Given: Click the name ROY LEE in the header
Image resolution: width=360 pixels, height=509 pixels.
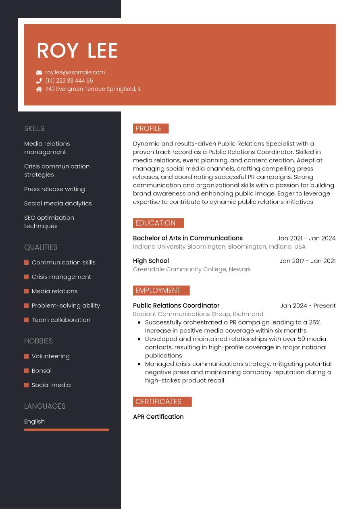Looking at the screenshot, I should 77,51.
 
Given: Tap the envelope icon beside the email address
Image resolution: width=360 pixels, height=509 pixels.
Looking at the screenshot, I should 39,73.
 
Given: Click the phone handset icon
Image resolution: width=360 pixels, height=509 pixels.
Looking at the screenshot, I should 39,81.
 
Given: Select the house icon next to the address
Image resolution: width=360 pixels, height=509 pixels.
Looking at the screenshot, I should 39,89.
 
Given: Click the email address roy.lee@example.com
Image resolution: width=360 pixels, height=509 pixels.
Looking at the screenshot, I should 75,73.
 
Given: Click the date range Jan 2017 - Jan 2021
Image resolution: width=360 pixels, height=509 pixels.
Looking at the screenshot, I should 307,261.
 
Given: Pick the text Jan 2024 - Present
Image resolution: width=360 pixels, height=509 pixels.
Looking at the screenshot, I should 308,305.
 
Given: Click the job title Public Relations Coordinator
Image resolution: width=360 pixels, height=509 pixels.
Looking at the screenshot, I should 176,305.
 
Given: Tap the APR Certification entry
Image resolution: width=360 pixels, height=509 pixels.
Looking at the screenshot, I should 158,417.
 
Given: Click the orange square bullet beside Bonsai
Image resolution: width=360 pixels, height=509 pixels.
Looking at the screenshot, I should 27,371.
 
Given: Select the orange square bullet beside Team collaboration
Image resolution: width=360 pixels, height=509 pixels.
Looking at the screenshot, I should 27,320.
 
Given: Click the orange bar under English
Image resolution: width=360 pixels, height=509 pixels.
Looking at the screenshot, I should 67,430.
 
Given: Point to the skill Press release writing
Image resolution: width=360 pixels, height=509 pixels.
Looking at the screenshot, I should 54,189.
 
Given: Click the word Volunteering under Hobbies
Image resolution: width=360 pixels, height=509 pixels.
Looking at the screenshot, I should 50,356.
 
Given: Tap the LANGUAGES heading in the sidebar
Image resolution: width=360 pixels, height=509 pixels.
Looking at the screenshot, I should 45,406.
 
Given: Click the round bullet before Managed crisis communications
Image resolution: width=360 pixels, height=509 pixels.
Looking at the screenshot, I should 139,364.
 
